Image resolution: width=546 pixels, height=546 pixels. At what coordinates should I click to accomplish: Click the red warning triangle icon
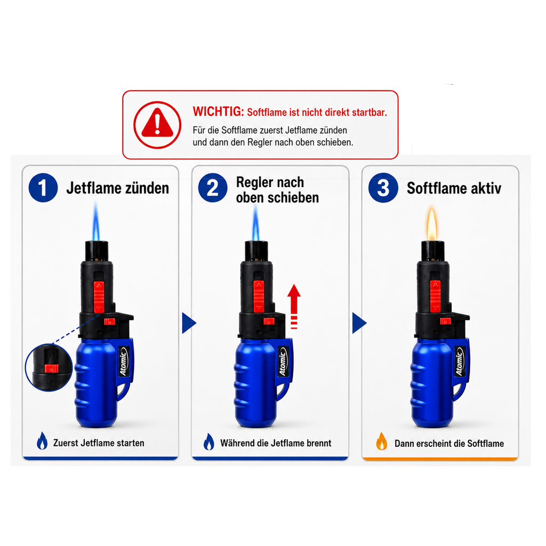[157, 124]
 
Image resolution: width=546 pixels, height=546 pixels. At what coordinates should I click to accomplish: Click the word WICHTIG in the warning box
[219, 111]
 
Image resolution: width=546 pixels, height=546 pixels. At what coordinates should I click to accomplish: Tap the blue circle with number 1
[43, 188]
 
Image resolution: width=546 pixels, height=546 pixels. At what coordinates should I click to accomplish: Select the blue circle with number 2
[213, 188]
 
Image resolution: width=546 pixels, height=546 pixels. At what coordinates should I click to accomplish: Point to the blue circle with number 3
[383, 188]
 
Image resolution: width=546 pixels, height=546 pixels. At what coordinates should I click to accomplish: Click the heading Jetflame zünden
[118, 188]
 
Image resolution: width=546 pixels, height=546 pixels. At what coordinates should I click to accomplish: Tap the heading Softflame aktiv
[454, 188]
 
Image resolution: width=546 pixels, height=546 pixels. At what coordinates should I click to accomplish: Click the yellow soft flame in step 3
[432, 224]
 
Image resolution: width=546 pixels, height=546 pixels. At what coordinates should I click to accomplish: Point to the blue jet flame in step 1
[96, 222]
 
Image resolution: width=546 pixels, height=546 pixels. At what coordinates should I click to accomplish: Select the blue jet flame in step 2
[256, 223]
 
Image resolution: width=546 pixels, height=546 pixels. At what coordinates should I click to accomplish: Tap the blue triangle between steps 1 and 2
[189, 323]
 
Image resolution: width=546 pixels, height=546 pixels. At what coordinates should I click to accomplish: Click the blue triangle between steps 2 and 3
[359, 323]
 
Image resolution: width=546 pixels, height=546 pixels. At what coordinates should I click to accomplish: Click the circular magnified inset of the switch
[49, 367]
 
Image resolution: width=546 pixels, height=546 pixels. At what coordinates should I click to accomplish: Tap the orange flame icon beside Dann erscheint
[382, 441]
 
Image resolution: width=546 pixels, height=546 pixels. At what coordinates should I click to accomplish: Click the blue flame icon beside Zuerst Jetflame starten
[42, 441]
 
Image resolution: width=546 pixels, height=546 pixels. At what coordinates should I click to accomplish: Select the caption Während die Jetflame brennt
[276, 443]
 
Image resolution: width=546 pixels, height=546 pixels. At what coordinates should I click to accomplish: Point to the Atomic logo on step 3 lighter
[460, 362]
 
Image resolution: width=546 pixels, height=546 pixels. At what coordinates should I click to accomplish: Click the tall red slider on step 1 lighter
[99, 297]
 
